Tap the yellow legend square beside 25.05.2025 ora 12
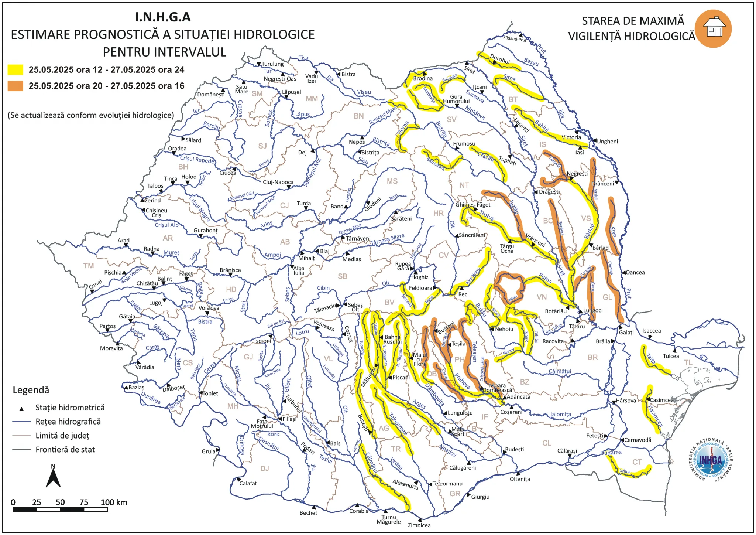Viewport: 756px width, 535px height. pos(16,69)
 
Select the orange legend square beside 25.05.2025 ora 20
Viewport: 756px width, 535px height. pos(16,86)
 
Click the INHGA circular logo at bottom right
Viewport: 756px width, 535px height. pos(711,460)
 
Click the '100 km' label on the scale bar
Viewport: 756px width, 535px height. pos(114,502)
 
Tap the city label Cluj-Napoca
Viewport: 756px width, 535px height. pos(278,182)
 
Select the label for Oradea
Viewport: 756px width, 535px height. pos(177,149)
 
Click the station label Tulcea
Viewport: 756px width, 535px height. pos(671,356)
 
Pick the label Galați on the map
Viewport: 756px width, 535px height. pos(626,333)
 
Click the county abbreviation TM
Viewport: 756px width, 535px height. pos(89,266)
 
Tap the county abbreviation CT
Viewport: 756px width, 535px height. pos(637,462)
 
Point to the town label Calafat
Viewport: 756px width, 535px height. pos(248,483)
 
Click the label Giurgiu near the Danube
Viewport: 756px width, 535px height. pos(480,497)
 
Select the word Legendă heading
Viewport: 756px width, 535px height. pos(31,390)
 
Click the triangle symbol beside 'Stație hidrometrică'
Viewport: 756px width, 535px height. pos(21,409)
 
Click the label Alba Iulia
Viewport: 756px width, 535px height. pos(299,270)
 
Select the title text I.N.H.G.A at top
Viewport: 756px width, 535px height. pos(163,17)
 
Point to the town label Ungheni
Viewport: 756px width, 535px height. pos(607,142)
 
